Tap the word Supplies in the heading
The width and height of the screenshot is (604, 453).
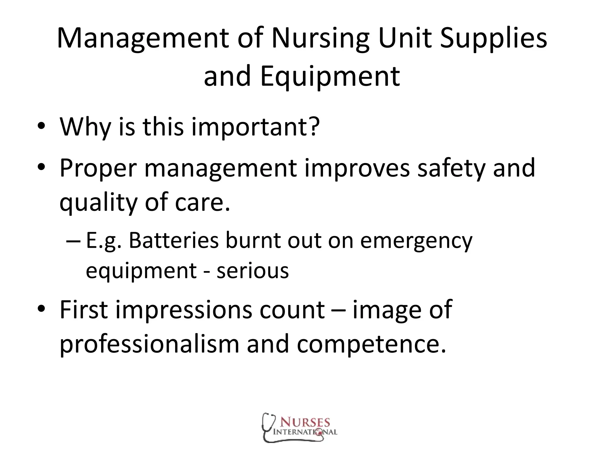point(493,39)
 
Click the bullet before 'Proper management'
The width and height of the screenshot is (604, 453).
point(41,167)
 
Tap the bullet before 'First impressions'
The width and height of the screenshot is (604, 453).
point(41,309)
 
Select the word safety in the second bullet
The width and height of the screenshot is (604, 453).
point(451,168)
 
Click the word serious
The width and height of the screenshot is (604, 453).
point(253,271)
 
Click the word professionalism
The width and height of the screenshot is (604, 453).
point(149,344)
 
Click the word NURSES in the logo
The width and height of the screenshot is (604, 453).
point(305,422)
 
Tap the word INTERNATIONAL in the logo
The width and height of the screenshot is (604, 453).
point(305,432)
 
